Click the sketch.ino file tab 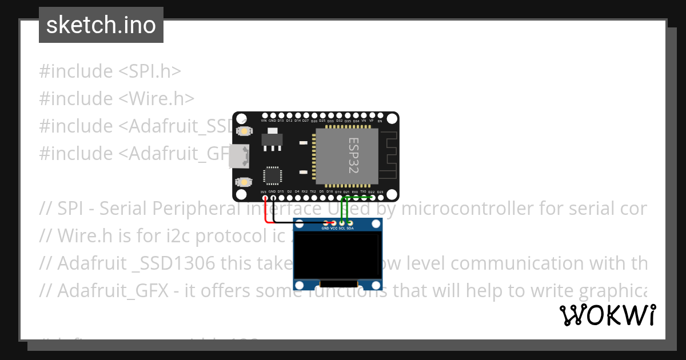click(101, 25)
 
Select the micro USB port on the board click(238, 157)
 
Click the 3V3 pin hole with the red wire click(264, 198)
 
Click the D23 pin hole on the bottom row click(380, 198)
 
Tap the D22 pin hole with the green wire click(372, 198)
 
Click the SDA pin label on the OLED click(350, 228)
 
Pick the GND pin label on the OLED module click(325, 228)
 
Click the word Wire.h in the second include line click(157, 99)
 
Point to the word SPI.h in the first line click(151, 71)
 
